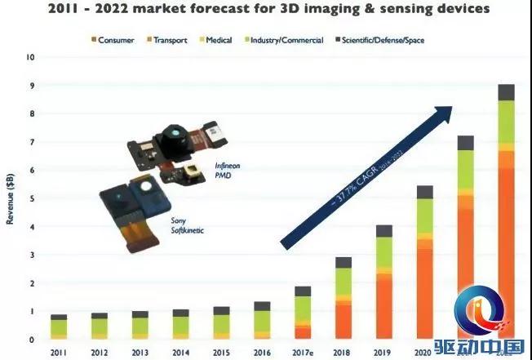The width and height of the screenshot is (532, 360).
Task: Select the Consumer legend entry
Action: tap(121, 40)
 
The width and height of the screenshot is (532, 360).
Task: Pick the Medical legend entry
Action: tap(219, 40)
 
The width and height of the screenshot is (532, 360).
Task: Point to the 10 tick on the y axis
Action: tap(30, 57)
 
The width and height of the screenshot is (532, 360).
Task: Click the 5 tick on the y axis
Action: tap(30, 198)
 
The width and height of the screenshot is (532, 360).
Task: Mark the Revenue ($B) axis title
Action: tap(11, 199)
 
